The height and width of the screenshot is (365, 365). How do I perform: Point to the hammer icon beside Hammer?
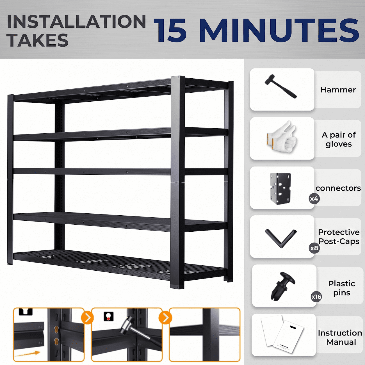point(280,86)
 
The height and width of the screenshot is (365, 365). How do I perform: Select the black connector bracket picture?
point(280,188)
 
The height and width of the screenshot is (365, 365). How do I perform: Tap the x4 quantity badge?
point(314,199)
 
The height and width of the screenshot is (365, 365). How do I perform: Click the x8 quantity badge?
point(314,248)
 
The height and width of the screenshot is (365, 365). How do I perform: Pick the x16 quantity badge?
point(316,296)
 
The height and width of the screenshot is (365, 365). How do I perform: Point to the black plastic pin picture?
point(282,286)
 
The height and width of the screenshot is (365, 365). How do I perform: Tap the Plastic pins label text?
point(341,288)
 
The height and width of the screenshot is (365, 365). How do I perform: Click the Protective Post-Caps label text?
point(339,237)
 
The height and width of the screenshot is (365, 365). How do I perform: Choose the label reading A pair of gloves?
point(339,140)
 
